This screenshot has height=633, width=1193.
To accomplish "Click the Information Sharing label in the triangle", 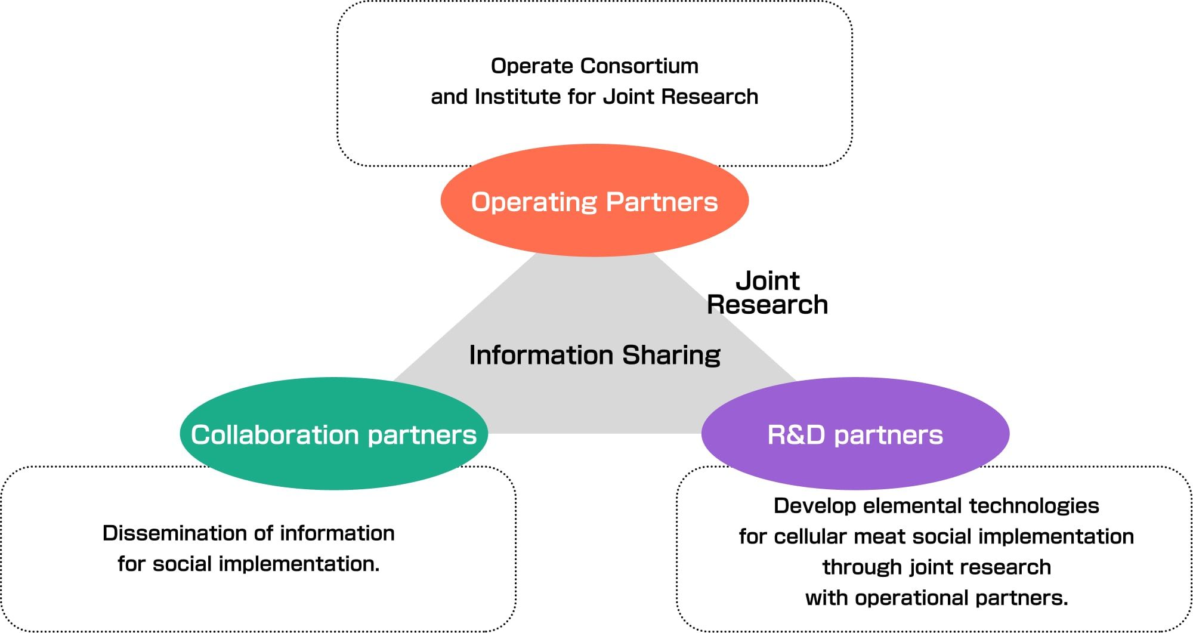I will [x=594, y=355].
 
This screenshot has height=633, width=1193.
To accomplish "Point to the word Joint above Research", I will [x=767, y=280].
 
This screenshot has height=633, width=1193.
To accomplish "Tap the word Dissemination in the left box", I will [x=175, y=533].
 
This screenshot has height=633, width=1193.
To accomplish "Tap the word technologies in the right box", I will [x=1034, y=506].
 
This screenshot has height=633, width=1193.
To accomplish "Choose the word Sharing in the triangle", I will [x=671, y=356].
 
